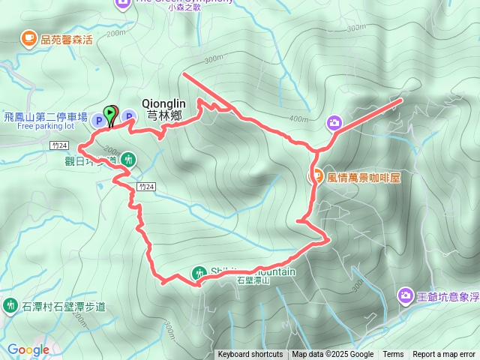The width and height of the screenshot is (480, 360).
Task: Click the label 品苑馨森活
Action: pyautogui.click(x=67, y=39)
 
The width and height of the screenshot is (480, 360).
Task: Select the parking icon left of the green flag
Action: pyautogui.click(x=97, y=119)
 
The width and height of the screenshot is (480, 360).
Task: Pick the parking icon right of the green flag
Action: pyautogui.click(x=128, y=115)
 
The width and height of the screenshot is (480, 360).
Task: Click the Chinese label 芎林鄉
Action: pyautogui.click(x=164, y=116)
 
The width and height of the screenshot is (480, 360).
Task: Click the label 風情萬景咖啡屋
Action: pyautogui.click(x=365, y=178)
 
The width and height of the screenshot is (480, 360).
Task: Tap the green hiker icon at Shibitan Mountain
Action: pyautogui.click(x=198, y=274)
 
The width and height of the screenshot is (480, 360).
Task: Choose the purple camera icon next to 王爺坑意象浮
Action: pyautogui.click(x=406, y=296)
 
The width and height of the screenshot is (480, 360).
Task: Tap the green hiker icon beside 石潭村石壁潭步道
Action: pyautogui.click(x=10, y=305)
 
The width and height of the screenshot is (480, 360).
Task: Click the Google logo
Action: pyautogui.click(x=28, y=349)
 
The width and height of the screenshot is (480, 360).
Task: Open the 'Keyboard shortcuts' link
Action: pyautogui.click(x=250, y=355)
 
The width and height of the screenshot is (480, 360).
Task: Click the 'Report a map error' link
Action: pyautogui.click(x=444, y=355)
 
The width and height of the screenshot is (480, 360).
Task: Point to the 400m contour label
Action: pyautogui.click(x=298, y=119)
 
